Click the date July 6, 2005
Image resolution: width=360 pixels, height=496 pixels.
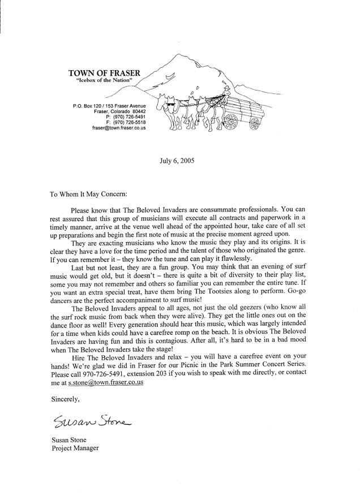click(x=177, y=160)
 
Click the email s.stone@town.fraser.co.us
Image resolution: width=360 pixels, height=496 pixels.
click(x=105, y=383)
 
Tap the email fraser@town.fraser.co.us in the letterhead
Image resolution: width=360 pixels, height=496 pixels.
click(x=119, y=128)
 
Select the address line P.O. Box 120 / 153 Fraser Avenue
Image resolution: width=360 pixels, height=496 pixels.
click(x=110, y=106)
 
